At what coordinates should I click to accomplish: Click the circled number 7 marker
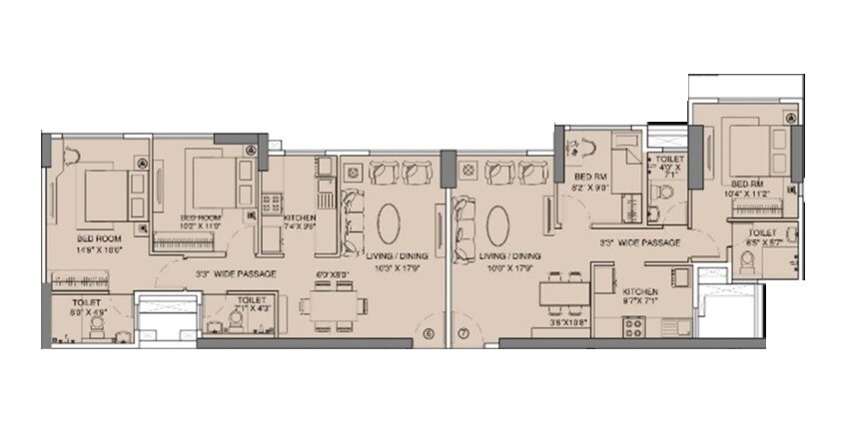click(462, 333)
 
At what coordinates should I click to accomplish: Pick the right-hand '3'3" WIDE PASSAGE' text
click(640, 242)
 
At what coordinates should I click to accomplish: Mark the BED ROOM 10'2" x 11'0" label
click(201, 221)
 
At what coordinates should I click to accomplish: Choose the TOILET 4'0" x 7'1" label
click(666, 166)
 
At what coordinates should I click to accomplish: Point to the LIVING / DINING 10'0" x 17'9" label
click(505, 261)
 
